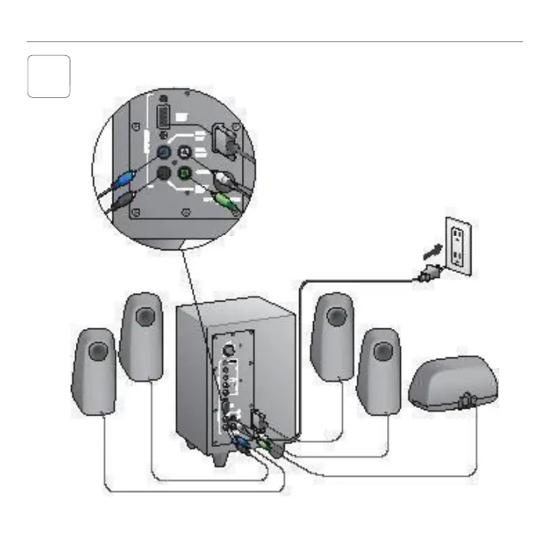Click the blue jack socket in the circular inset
pos(163,152)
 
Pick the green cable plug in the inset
pos(224,201)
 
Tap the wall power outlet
pos(458,246)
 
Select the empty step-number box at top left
pos(49,76)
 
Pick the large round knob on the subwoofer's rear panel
pos(227,346)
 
